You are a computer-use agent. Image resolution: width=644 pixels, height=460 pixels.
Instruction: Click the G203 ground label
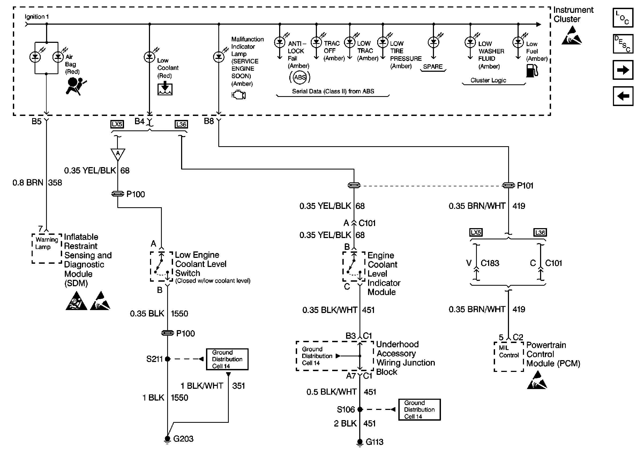183,439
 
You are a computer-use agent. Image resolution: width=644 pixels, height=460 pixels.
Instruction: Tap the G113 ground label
374,442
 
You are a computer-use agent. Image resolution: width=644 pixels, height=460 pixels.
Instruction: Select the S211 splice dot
167,359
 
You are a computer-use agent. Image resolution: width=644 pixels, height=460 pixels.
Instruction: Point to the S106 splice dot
360,409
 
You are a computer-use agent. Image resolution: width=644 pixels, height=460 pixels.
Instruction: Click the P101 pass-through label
525,186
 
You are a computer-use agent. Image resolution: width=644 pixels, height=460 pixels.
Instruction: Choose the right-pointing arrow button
623,70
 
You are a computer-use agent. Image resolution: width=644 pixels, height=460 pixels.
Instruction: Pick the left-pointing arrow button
623,96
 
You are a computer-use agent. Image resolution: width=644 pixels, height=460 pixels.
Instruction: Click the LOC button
623,18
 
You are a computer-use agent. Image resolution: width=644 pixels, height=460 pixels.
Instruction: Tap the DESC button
623,44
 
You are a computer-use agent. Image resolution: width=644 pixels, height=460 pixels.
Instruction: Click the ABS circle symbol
299,77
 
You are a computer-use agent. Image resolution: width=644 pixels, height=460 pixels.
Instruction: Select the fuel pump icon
532,70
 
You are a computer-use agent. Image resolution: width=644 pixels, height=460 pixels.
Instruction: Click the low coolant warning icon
165,88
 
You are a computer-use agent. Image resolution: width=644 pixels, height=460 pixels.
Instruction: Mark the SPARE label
433,67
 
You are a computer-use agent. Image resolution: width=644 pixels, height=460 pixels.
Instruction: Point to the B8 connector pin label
209,121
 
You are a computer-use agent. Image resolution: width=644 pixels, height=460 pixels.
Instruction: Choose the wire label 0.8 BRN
28,182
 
